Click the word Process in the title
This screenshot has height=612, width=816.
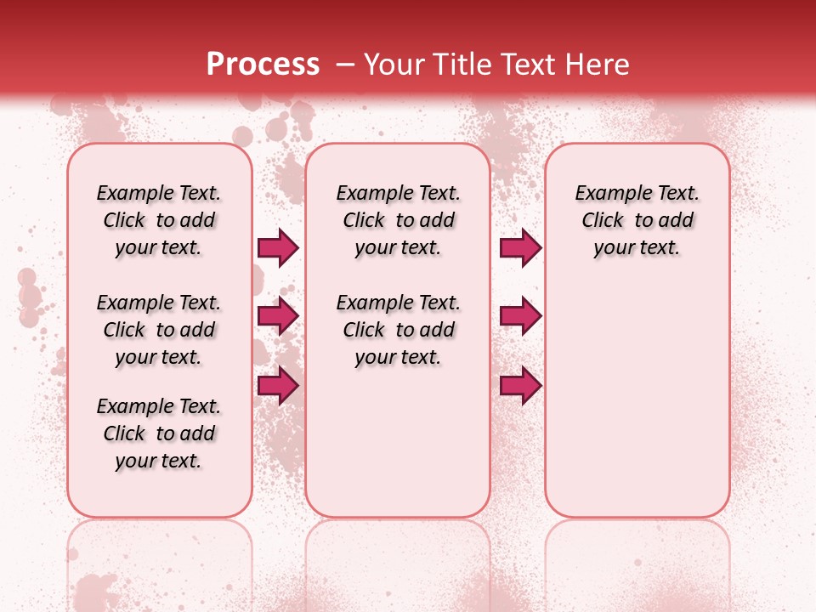pos(263,65)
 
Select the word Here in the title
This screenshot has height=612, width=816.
pos(599,65)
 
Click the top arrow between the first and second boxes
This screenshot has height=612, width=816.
pos(278,248)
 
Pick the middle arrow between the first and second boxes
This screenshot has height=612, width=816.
pos(278,316)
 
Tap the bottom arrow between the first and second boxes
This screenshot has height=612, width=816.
pos(278,386)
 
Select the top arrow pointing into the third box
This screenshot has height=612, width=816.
pos(520,248)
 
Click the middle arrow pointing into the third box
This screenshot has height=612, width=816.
pos(520,316)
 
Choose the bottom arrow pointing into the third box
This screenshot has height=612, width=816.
pos(520,386)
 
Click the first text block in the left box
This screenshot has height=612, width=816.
pos(159,220)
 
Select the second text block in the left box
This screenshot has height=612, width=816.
pos(159,330)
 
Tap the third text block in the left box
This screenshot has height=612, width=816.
pos(159,433)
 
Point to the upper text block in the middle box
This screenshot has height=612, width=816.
pos(398,220)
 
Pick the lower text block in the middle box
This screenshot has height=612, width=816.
pos(398,330)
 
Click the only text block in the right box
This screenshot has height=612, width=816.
pos(637,220)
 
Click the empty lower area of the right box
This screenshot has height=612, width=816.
pos(637,399)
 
